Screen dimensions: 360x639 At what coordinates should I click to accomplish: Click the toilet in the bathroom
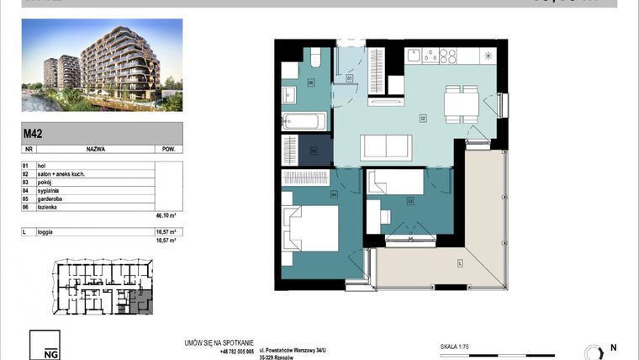click(x=314, y=59)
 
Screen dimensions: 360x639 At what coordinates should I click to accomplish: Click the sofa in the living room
click(x=386, y=148)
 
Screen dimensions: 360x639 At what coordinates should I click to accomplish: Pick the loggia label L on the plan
click(x=460, y=264)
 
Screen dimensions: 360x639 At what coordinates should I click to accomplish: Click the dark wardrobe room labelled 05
click(x=314, y=151)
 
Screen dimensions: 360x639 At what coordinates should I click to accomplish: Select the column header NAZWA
click(x=94, y=147)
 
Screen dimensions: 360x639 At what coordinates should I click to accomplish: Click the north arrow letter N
click(x=613, y=347)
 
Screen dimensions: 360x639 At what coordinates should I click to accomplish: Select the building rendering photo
click(x=102, y=66)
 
